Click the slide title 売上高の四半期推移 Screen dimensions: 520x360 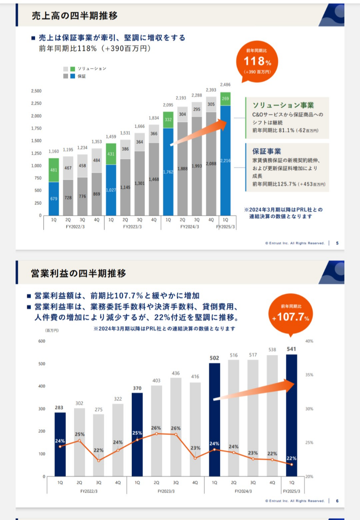tap(74, 16)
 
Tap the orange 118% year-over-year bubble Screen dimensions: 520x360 tap(257, 61)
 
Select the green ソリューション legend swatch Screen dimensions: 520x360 tap(72, 69)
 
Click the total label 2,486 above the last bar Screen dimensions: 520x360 tap(225, 85)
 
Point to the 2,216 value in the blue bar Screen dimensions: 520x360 tap(225, 161)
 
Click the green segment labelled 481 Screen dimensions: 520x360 tap(54, 170)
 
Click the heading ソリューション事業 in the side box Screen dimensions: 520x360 tap(283, 105)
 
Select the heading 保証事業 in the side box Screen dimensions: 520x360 tap(266, 151)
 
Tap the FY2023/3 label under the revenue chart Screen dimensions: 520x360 tap(133, 227)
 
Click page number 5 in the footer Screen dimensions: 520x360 tap(337, 243)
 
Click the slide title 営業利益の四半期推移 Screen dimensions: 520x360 tap(78, 273)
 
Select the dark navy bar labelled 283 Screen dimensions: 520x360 tap(60, 444)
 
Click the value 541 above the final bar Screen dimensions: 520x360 tap(292, 349)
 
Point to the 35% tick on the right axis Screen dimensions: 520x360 tap(309, 375)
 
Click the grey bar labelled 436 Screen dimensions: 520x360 tap(176, 427)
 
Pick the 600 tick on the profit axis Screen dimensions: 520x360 tap(42, 341)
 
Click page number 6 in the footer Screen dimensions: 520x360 tap(337, 500)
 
